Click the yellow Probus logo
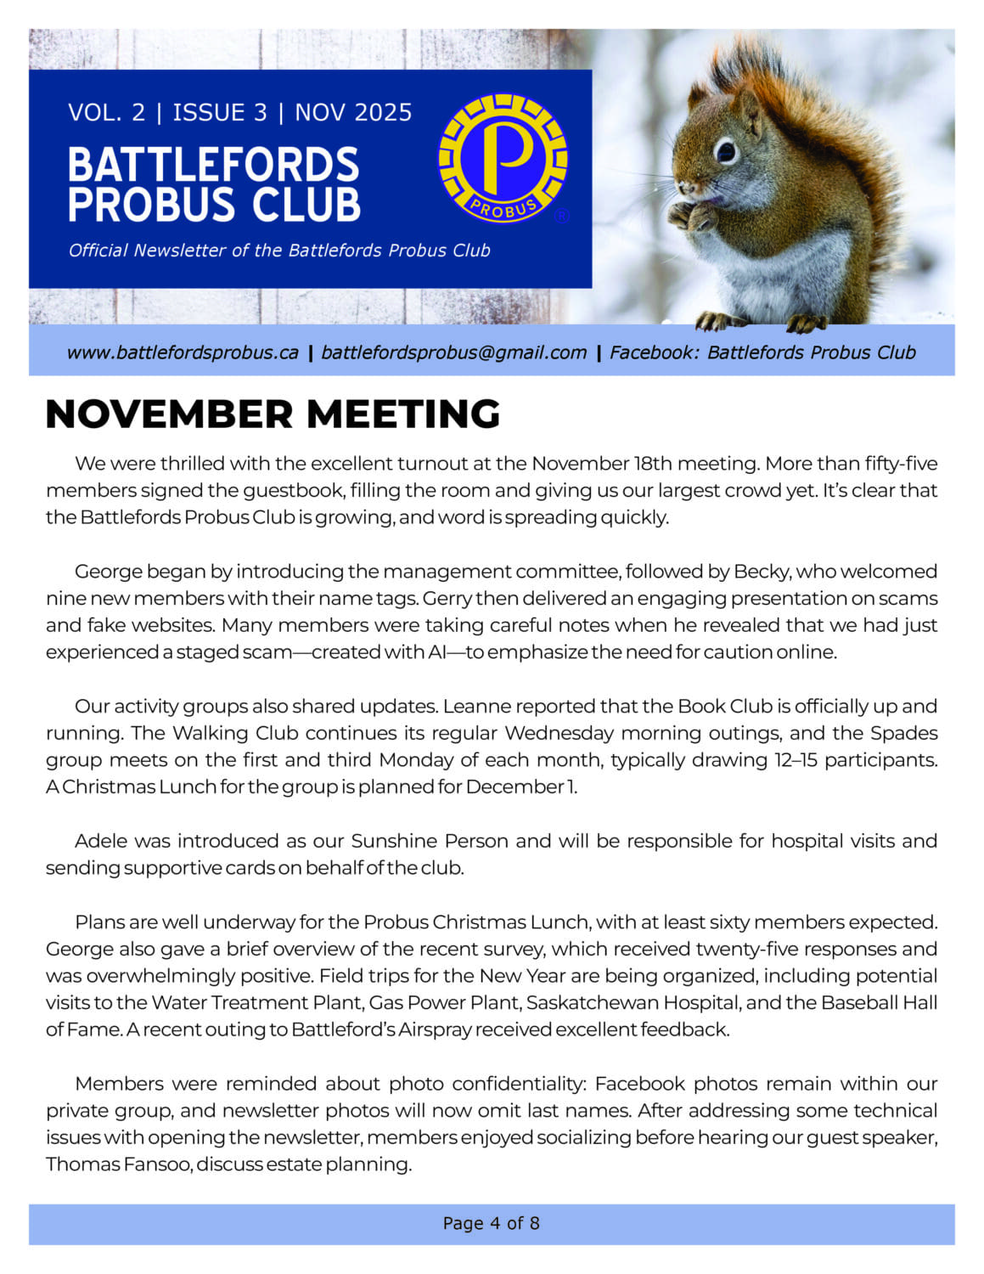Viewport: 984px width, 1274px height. [x=503, y=158]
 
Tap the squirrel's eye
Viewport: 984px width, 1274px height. [x=726, y=151]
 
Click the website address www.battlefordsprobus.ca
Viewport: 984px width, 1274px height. [x=183, y=352]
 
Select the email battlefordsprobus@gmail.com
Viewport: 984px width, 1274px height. [x=453, y=352]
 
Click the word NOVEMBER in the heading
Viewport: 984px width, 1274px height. [x=170, y=414]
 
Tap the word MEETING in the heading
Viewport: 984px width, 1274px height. [x=403, y=414]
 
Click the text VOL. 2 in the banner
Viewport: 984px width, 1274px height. [x=106, y=113]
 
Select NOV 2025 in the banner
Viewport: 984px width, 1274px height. [x=353, y=113]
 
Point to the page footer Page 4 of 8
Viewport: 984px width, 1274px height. [x=491, y=1224]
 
